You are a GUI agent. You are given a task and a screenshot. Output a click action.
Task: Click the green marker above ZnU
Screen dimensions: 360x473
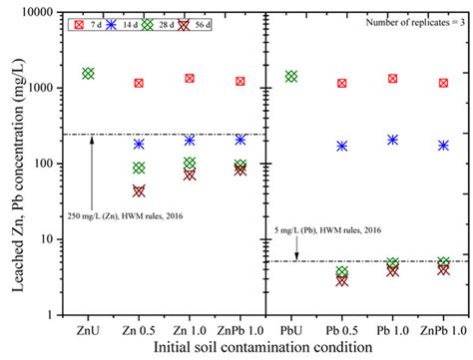(x=89, y=73)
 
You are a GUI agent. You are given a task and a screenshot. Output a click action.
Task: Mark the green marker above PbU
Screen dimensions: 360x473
(x=291, y=76)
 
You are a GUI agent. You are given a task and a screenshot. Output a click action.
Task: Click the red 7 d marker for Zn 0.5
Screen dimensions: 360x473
(x=139, y=83)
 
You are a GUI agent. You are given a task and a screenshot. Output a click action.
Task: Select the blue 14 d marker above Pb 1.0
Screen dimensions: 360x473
(x=393, y=141)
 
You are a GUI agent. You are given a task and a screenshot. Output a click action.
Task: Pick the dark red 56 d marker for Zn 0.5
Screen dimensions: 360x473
(x=139, y=190)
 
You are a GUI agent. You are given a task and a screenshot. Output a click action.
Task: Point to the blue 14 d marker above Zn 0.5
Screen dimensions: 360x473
(x=139, y=144)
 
